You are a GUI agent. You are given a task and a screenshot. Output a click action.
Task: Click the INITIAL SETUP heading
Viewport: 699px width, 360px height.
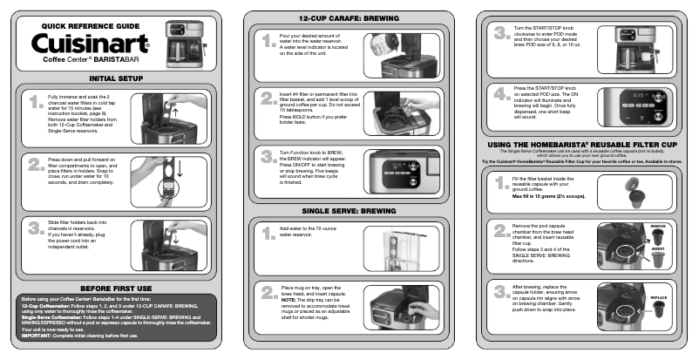coord(116,78)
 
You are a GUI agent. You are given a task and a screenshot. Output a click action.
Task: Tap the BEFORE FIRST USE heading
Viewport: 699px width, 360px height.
coord(116,287)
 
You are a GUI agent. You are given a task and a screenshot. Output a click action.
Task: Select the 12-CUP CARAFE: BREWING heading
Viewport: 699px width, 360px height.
coord(349,17)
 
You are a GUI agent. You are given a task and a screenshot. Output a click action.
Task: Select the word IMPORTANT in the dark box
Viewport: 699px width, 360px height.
coord(38,335)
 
